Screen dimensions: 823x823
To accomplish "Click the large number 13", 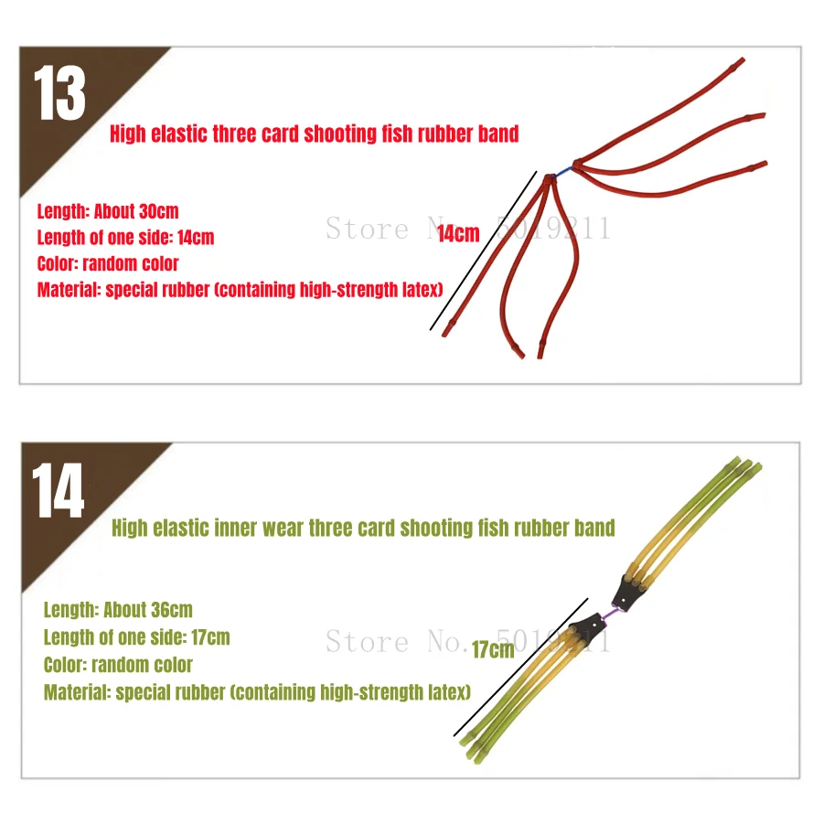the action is [59, 93].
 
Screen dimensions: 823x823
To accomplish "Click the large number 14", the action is [58, 490].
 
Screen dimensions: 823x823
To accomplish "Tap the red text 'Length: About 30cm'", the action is [108, 211].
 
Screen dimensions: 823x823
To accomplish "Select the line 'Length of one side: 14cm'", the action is [125, 237].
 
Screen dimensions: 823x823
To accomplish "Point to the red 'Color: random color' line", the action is [108, 263].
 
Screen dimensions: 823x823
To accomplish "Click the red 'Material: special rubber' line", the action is [240, 290].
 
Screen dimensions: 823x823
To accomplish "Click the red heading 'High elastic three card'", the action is [314, 134].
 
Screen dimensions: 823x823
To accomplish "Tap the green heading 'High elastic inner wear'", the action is [363, 528].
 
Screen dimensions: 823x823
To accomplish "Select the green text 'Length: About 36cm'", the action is [118, 610].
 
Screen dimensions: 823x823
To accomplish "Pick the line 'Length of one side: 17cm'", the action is [136, 637].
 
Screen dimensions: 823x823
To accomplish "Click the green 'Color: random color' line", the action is [118, 665].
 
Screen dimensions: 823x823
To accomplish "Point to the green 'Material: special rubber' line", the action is [257, 693].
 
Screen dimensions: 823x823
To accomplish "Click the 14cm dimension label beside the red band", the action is [458, 233].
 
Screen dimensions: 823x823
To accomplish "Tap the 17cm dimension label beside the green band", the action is [493, 650].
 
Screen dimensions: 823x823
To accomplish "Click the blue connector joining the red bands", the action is [564, 172].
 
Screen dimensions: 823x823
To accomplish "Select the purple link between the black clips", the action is [609, 614].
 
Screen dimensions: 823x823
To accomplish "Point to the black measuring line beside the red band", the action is [484, 251].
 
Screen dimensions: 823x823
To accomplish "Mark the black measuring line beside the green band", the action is [520, 668].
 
